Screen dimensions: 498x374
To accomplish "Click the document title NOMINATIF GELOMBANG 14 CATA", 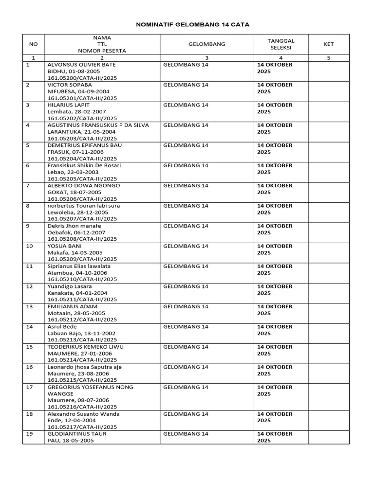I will (x=187, y=24).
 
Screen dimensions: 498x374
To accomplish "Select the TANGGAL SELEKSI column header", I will (x=280, y=44).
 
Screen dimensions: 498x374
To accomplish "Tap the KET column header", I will (x=329, y=44).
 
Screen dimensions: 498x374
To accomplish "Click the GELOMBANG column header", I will (x=206, y=44).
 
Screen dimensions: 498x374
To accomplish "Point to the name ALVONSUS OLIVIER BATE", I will (x=82, y=65).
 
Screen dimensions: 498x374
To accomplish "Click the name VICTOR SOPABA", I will (x=70, y=85).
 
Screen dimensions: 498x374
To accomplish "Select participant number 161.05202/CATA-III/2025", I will (x=82, y=118).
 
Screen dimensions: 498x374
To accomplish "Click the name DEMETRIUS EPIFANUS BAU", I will (x=85, y=145).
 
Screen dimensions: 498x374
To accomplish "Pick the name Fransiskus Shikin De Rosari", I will (x=84, y=166).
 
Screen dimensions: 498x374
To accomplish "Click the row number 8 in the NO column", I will (x=28, y=206).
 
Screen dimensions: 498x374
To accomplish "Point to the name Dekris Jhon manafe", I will (x=74, y=226).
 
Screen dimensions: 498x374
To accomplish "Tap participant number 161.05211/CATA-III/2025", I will (x=82, y=300).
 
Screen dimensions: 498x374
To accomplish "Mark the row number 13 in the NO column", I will (x=29, y=307).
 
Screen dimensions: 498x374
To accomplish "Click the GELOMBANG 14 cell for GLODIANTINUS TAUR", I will (x=186, y=434).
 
